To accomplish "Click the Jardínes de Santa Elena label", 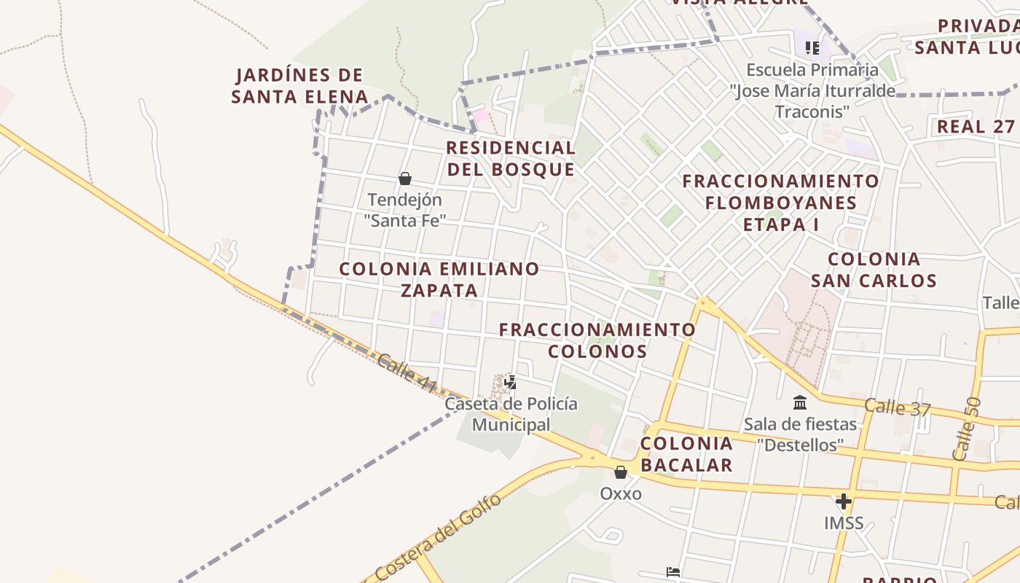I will pyautogui.click(x=299, y=85).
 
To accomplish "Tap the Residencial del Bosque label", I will pyautogui.click(x=511, y=158).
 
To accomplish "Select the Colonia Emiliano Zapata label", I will pyautogui.click(x=439, y=279).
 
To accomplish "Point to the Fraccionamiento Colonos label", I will pyautogui.click(x=597, y=340).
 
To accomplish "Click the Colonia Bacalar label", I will pyautogui.click(x=686, y=454).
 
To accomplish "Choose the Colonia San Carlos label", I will pyautogui.click(x=874, y=270).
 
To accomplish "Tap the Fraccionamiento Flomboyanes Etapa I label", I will pyautogui.click(x=780, y=202).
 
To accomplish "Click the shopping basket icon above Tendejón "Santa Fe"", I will pyautogui.click(x=405, y=179).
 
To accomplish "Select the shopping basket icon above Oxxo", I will pyautogui.click(x=621, y=473).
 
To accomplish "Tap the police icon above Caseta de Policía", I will pyautogui.click(x=511, y=382).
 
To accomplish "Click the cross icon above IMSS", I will pyautogui.click(x=844, y=501).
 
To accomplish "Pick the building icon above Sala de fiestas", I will pyautogui.click(x=800, y=402).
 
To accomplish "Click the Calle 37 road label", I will pyautogui.click(x=898, y=407).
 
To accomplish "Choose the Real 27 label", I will pyautogui.click(x=976, y=126).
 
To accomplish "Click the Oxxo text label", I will pyautogui.click(x=621, y=493).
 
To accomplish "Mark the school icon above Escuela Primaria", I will pyautogui.click(x=812, y=48).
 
